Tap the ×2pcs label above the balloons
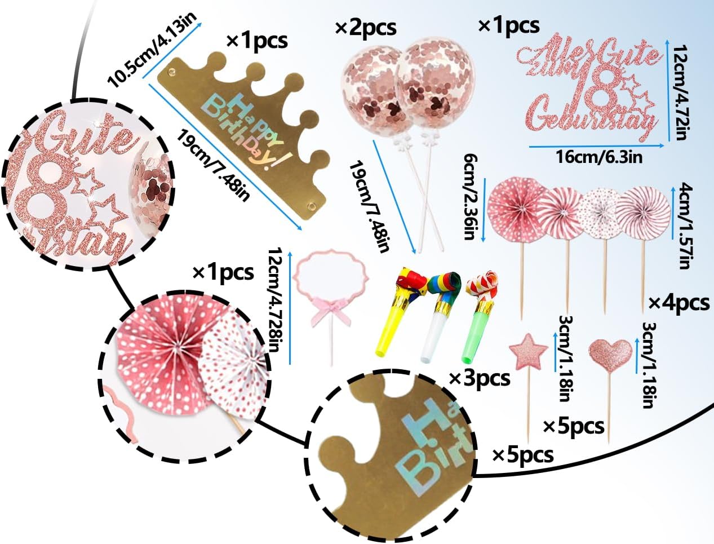[366, 28]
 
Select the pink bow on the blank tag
[325, 313]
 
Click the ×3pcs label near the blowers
[480, 378]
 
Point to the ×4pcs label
[678, 303]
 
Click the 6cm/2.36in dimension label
[471, 197]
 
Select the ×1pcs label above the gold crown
[256, 41]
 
